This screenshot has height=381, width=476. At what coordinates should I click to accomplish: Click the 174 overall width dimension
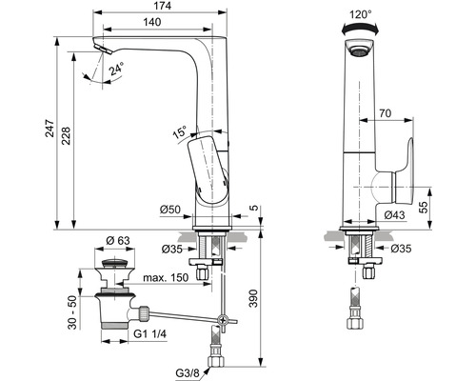coord(164,6)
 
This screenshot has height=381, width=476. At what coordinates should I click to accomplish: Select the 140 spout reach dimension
coord(152,22)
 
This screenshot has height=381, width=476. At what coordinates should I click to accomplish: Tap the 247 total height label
coord(50,129)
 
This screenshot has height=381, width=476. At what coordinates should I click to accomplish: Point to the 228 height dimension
coord(66,136)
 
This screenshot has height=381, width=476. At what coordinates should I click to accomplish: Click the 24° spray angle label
coord(116,69)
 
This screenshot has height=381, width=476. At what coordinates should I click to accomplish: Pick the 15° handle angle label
coord(180,131)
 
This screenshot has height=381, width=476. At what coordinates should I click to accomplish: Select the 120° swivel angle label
coord(361,14)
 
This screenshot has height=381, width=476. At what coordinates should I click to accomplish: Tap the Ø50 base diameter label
coord(170,210)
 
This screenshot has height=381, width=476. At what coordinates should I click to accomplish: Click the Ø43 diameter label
coord(394,215)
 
